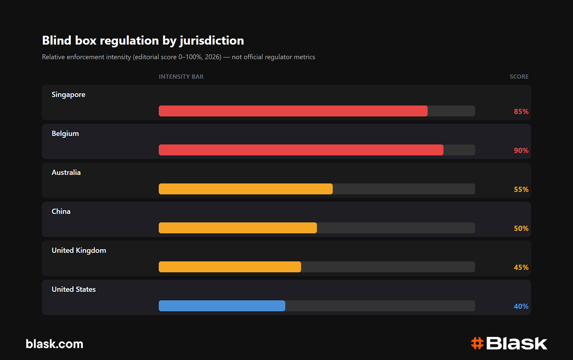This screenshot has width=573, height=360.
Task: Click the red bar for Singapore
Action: coord(293,111)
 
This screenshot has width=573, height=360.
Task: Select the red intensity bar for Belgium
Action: coord(301,150)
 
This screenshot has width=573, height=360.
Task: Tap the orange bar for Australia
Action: coord(246,189)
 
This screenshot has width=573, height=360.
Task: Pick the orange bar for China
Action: coord(238,228)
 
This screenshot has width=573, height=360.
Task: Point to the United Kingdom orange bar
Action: coord(230,266)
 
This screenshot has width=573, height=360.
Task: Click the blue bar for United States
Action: coord(222,306)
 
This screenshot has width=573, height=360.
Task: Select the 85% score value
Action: coord(521,112)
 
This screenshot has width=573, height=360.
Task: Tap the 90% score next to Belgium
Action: coord(521,150)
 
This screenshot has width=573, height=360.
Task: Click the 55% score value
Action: coord(521,189)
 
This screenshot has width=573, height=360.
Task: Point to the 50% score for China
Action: coord(521,228)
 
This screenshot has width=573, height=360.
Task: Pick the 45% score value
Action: coord(521,267)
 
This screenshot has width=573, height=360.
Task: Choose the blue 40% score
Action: coord(521,306)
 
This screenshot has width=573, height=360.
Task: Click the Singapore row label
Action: coord(68,95)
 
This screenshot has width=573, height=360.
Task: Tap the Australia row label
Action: coord(66,172)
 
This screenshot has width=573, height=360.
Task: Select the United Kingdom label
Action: coord(79,250)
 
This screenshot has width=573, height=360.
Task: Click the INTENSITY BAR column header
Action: coord(181,76)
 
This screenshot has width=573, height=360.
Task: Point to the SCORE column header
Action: coord(519,76)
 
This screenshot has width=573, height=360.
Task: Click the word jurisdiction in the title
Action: coord(212,41)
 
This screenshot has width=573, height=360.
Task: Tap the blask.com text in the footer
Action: coord(55,344)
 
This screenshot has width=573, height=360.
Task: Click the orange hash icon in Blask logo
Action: coord(477,343)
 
